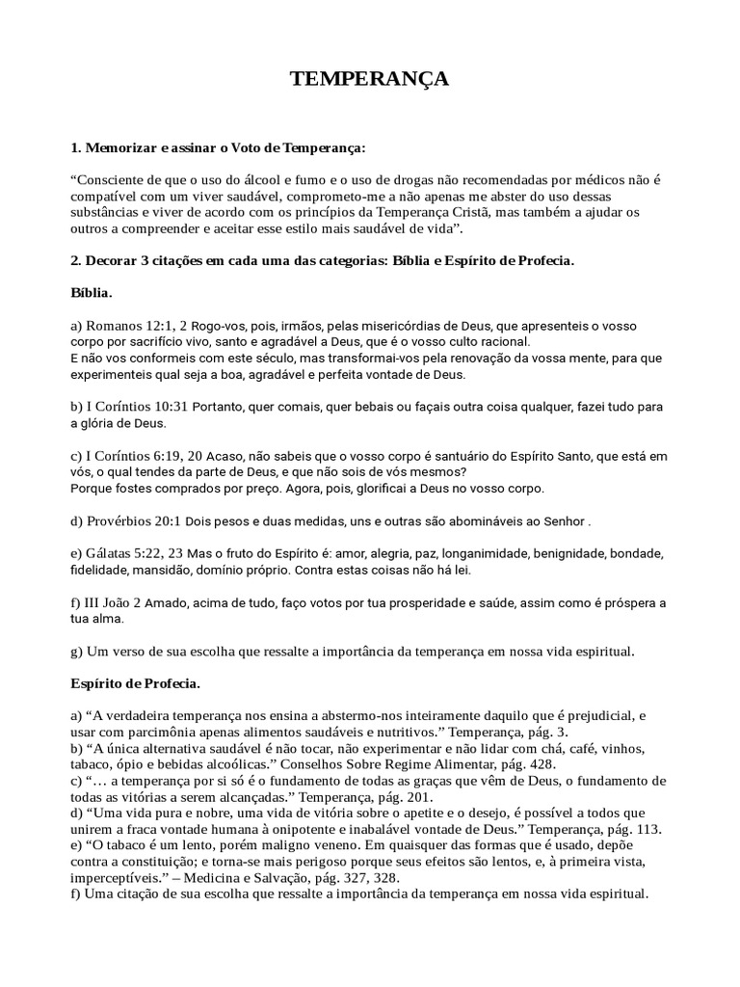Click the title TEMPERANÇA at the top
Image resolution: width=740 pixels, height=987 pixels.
click(x=370, y=79)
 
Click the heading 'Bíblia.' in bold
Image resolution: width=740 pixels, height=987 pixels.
click(x=92, y=291)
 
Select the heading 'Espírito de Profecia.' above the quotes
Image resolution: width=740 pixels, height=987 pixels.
click(x=135, y=683)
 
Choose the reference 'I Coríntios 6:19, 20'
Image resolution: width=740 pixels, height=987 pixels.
click(x=145, y=456)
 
